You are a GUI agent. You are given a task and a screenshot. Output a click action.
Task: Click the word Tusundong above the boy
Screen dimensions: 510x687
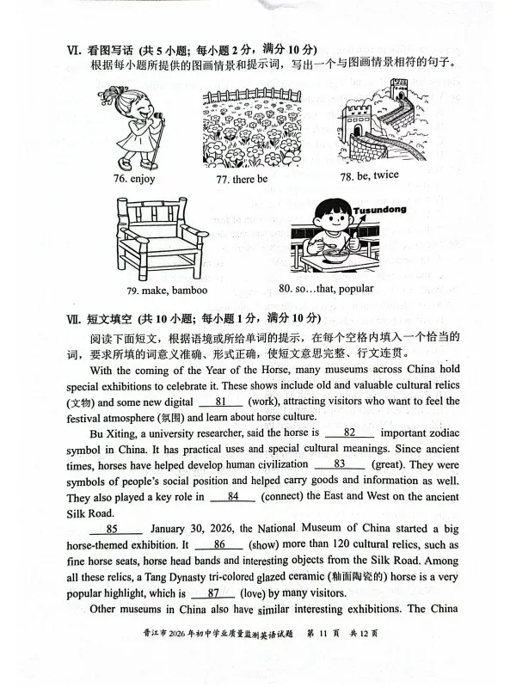pos(379,209)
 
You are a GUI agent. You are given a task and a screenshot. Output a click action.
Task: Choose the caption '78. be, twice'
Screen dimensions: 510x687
pos(369,176)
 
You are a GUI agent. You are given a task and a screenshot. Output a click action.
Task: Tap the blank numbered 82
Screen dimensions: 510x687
pos(349,432)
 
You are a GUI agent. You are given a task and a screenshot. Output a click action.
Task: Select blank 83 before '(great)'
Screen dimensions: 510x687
pos(339,463)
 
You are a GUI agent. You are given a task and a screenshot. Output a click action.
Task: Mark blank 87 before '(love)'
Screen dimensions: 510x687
pos(214,592)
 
